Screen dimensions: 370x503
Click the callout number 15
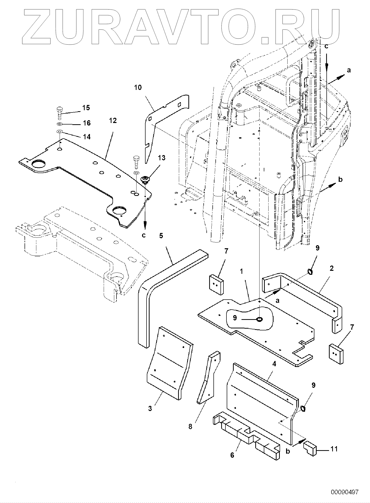86,108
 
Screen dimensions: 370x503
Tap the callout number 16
87,123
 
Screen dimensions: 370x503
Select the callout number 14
87,137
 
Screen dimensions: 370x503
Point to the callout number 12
113,121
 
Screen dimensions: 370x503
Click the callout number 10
138,87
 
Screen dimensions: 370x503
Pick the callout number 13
162,158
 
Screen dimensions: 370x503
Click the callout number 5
161,236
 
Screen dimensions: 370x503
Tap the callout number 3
150,409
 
